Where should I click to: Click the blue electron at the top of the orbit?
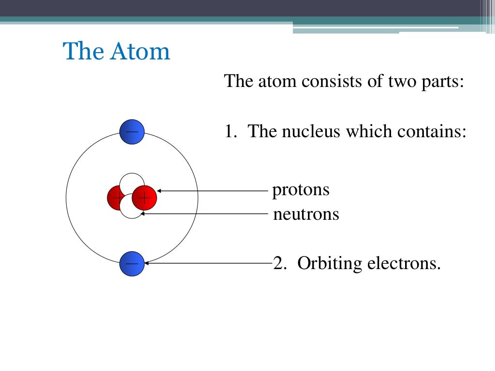coord(132,131)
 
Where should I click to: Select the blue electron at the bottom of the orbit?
coord(132,264)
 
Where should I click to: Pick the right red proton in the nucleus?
coord(145,198)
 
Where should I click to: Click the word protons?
coord(301,190)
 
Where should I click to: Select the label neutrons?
coord(306,214)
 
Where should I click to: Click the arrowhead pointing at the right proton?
coord(159,191)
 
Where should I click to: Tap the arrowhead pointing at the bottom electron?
coord(147,263)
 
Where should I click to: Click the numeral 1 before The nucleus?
coord(229,131)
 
